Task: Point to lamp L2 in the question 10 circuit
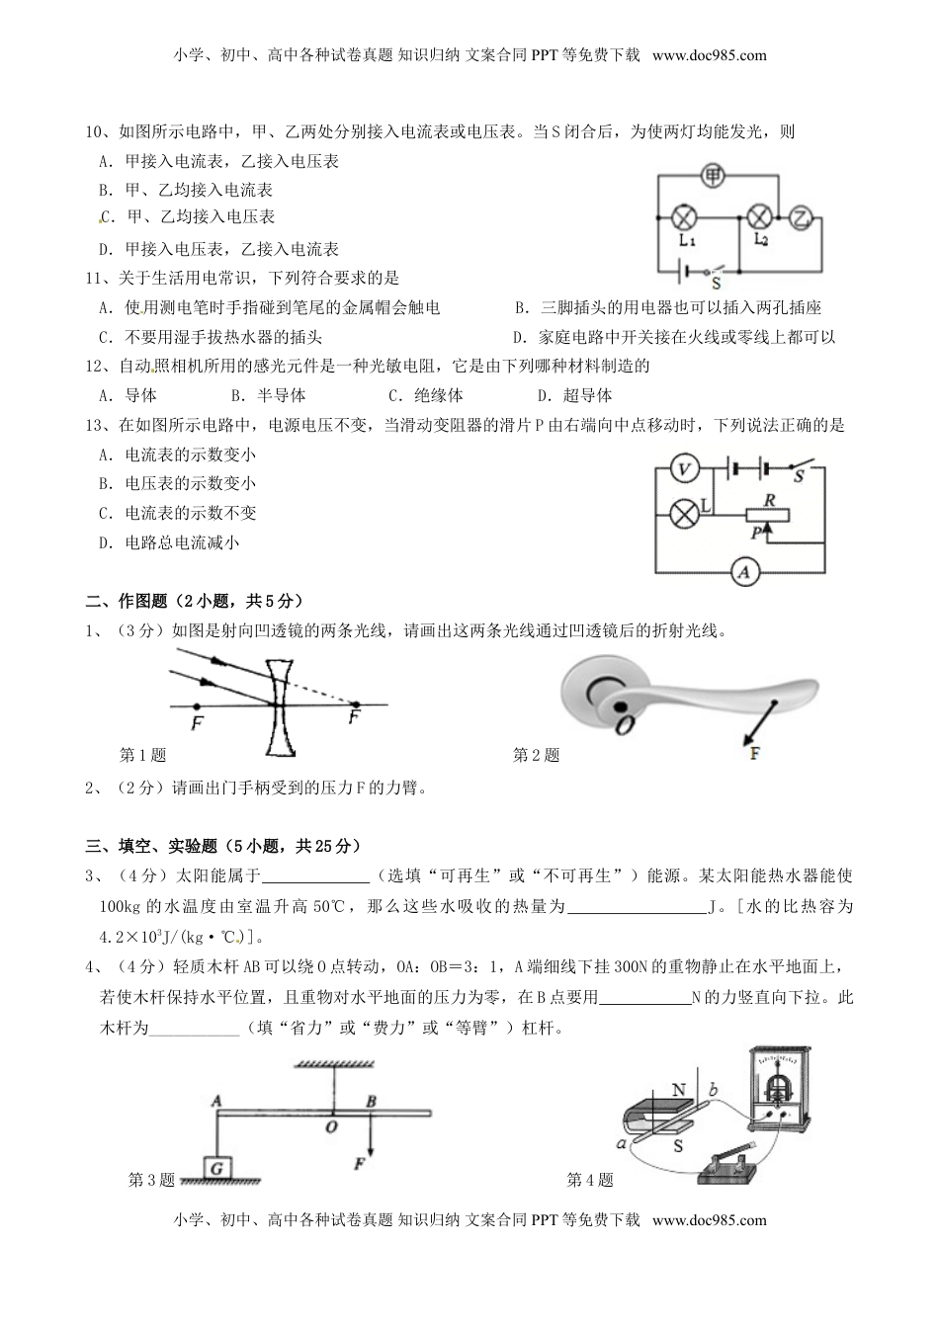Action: tap(759, 216)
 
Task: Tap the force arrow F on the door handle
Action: tap(747, 738)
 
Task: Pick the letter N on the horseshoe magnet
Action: tap(678, 1090)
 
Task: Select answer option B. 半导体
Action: tap(267, 395)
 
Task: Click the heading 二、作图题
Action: tap(130, 601)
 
